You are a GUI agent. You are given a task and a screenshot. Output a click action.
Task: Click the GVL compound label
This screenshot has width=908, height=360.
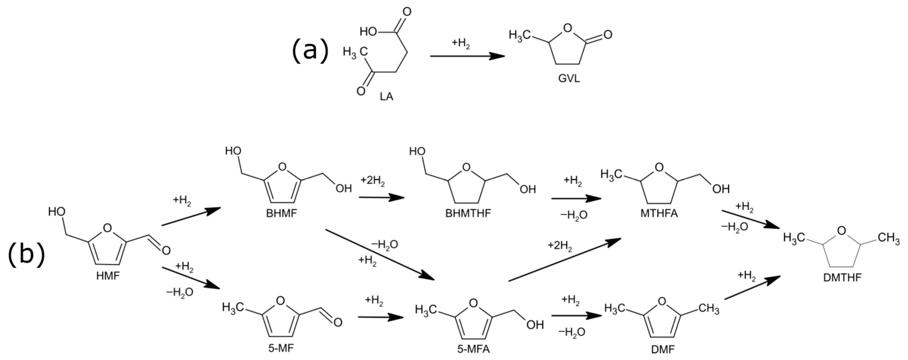[569, 79]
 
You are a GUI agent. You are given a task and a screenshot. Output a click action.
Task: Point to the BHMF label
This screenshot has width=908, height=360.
[281, 214]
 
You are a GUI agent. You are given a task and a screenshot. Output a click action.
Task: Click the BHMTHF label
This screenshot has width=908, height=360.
[468, 214]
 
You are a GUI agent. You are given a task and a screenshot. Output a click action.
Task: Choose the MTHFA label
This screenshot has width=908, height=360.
[659, 214]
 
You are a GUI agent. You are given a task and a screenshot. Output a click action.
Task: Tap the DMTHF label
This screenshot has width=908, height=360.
[842, 278]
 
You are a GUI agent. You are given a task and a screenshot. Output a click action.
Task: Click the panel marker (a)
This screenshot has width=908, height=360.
[310, 51]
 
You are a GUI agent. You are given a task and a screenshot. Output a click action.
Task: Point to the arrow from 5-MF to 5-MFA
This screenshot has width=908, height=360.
[381, 317]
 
